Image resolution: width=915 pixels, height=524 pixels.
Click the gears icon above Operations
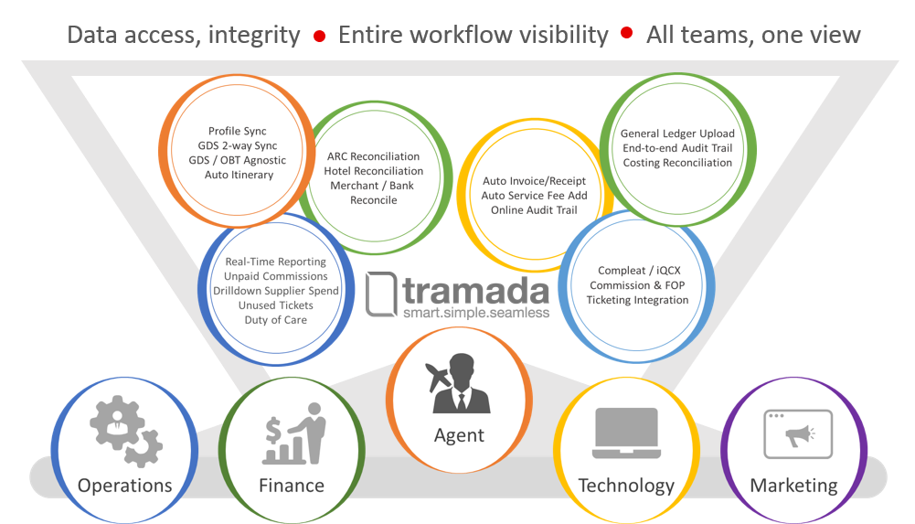(126, 431)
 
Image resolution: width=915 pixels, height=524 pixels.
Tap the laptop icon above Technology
(626, 433)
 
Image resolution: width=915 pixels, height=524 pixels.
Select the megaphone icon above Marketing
(798, 434)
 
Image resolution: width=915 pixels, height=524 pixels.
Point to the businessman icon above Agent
(459, 383)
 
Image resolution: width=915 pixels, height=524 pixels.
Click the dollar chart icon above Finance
(293, 433)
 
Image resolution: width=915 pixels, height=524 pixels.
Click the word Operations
(125, 486)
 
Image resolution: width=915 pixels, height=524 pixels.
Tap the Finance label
(292, 485)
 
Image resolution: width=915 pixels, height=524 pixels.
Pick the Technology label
(626, 486)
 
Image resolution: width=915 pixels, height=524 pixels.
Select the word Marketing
(793, 486)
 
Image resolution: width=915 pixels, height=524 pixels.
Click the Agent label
(459, 435)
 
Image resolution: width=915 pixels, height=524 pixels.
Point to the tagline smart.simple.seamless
(476, 313)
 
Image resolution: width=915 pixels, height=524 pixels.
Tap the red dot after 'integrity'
(319, 37)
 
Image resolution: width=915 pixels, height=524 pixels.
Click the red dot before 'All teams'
(627, 33)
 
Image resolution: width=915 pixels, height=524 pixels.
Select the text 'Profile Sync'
(238, 132)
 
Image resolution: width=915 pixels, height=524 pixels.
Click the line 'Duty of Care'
(275, 320)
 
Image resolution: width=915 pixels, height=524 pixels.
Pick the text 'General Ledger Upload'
(677, 134)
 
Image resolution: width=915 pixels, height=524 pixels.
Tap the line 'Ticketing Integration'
(637, 300)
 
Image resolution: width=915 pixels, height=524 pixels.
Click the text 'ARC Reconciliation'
(374, 156)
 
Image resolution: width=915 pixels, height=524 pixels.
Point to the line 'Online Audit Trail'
(534, 210)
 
